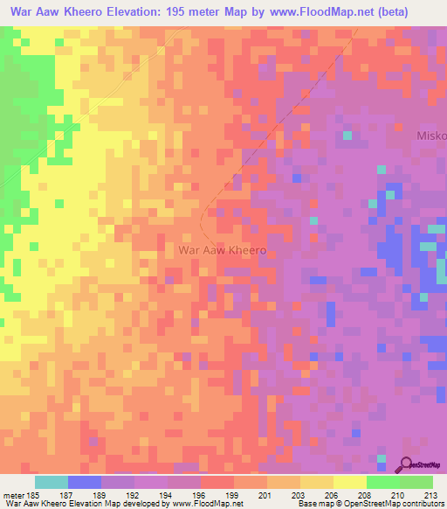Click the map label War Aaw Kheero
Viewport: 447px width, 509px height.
(x=221, y=249)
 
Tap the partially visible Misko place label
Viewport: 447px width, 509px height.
(x=431, y=136)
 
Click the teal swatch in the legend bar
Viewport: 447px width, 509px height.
(x=51, y=482)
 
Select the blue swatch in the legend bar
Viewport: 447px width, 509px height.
(x=85, y=482)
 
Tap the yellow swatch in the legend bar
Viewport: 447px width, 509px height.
(x=350, y=482)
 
